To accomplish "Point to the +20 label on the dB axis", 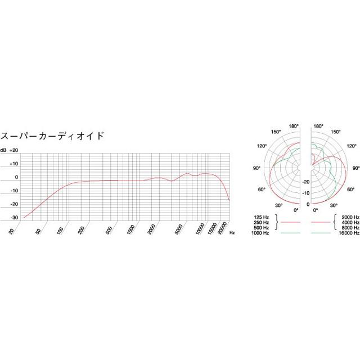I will pos(14,150).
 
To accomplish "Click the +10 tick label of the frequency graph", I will pos(14,164).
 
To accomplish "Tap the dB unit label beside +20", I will pos(3,150).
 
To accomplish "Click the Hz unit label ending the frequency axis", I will pos(232,231).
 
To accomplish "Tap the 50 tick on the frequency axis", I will pos(38,229).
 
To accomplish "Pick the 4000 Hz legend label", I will pos(350,222).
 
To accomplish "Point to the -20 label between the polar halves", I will pos(307,182).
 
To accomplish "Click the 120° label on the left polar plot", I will pos(262,146).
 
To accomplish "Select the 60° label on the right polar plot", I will pos(351,190).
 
